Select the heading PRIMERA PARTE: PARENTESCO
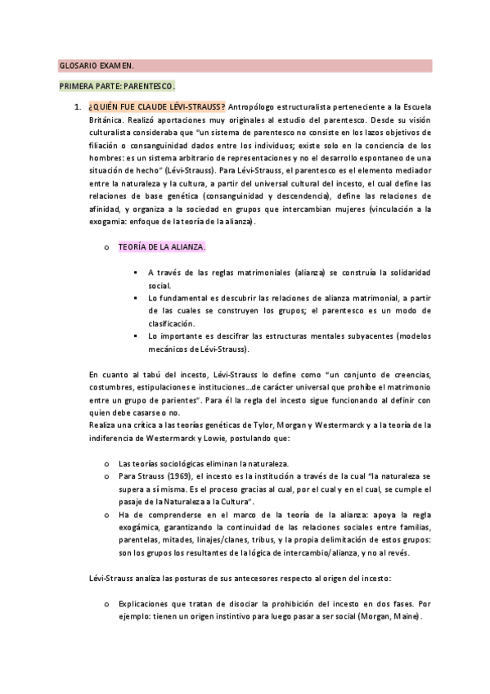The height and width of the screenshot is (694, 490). pos(117,86)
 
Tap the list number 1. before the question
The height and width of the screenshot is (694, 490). pos(76,107)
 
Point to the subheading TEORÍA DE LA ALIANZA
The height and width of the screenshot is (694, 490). pos(162,246)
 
